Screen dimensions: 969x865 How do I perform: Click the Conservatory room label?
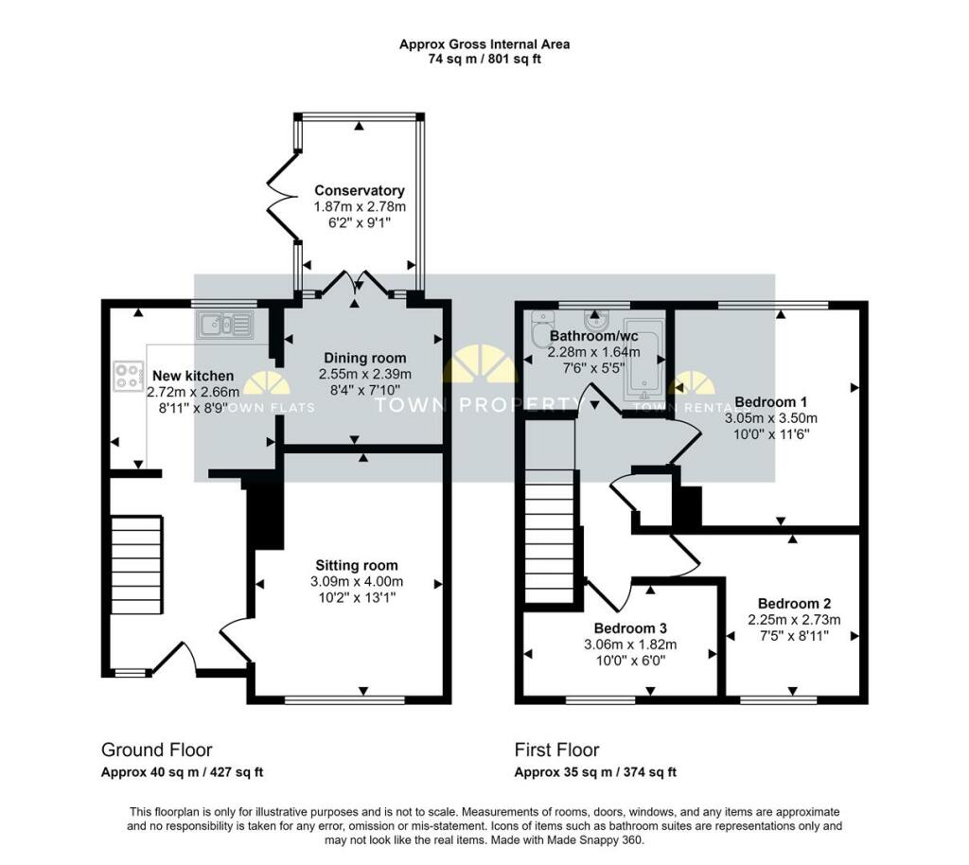point(359,190)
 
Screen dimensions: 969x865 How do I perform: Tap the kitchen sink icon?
point(225,325)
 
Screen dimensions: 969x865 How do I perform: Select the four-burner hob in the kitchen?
point(128,377)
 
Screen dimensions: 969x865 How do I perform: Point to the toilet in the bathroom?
point(542,328)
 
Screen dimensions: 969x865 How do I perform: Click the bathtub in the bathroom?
point(644,359)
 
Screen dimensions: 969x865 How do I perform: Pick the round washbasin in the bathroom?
point(595,320)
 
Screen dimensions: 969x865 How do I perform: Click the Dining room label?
point(365,358)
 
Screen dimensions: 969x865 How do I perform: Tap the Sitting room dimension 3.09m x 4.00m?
point(357,581)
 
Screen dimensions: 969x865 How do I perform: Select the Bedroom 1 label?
point(770,402)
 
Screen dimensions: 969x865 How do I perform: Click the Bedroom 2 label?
point(794,604)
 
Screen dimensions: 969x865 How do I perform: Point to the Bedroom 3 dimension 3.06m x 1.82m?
point(630,644)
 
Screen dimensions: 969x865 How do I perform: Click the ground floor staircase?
point(136,565)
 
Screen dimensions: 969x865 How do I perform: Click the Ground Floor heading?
point(156,750)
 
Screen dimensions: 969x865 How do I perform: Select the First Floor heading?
point(556,750)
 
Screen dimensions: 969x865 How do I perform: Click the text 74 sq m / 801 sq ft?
point(484,60)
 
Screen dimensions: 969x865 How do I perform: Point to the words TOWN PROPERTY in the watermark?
point(480,405)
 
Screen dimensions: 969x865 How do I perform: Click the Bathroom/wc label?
point(594,336)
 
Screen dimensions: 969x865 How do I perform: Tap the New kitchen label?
point(193,376)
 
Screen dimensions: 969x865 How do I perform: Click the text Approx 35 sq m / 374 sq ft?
point(595,772)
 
